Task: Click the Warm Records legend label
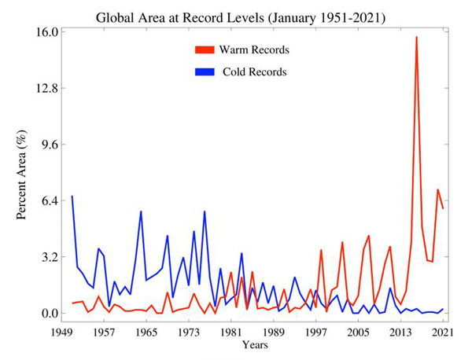point(254,50)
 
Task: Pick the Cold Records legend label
point(253,72)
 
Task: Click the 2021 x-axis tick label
point(443,332)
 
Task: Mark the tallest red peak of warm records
point(416,37)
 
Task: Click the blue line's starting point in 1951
point(72,197)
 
